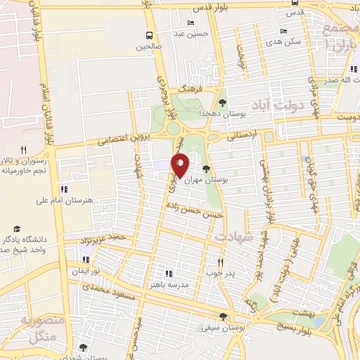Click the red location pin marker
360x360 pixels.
(180, 165)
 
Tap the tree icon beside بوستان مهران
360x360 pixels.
(206, 168)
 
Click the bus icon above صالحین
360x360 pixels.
(149, 35)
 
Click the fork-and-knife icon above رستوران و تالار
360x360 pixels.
(23, 150)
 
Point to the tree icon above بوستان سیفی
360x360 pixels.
(223, 316)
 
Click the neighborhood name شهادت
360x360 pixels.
(235, 238)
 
